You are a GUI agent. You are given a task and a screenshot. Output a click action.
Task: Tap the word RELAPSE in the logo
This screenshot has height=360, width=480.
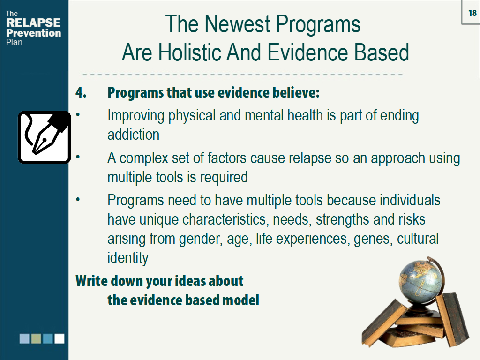coord(33,23)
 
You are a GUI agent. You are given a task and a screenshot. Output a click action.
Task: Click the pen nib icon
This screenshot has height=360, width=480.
coord(44,137)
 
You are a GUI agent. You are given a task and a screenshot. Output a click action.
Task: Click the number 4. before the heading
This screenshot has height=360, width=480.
coord(81,92)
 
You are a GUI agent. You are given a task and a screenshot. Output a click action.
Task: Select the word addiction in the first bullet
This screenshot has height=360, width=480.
coord(133,135)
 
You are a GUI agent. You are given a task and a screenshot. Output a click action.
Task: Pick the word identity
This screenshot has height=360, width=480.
coord(127,258)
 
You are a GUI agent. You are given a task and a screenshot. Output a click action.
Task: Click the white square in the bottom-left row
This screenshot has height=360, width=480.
coord(60,338)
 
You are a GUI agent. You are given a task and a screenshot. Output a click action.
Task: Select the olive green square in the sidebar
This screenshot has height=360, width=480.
coord(36,338)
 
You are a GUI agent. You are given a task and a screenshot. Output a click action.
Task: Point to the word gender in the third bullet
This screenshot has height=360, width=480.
coord(199,239)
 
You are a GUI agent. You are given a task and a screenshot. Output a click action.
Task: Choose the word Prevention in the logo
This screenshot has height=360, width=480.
coord(33,33)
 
